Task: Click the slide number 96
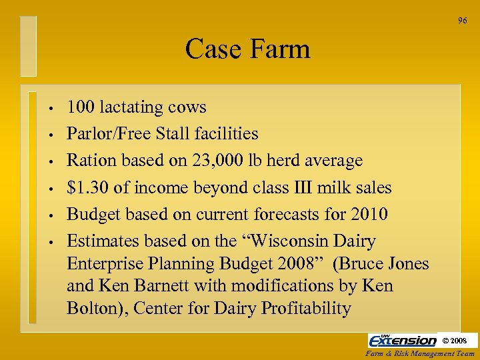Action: (462, 21)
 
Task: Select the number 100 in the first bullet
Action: (81, 107)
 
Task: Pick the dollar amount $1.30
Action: (87, 187)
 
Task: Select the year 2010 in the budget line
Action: (367, 214)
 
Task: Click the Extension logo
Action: (403, 340)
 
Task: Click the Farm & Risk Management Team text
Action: (421, 354)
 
